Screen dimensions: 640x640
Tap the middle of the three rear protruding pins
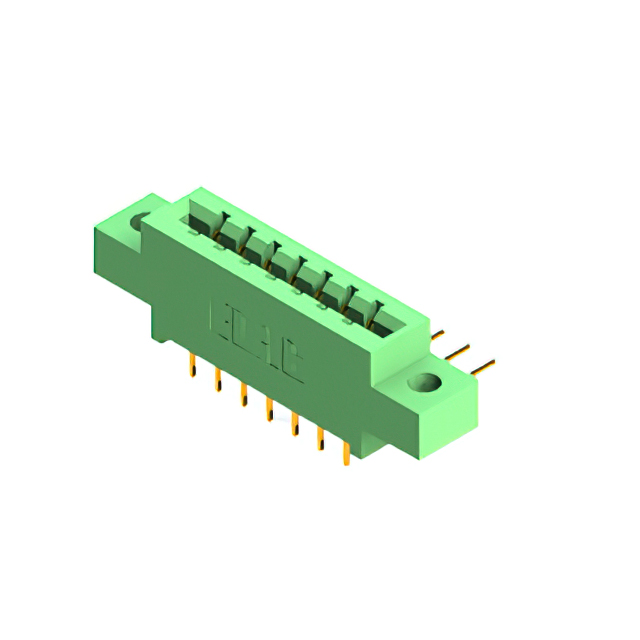459,350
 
